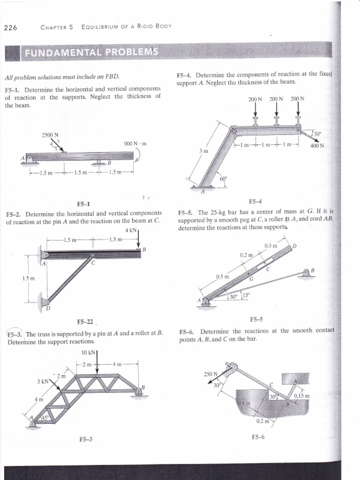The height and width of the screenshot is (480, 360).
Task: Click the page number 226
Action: (x=10, y=27)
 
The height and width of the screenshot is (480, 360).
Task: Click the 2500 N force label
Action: (x=50, y=135)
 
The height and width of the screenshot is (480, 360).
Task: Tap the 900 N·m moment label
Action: (x=136, y=143)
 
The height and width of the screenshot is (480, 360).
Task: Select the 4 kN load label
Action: (x=131, y=231)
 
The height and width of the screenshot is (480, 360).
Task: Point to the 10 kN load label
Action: (x=88, y=352)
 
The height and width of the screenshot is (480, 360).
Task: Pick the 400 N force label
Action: (x=317, y=145)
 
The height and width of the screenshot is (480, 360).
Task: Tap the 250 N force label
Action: (x=211, y=374)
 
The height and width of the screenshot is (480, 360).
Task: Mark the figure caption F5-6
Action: (x=258, y=437)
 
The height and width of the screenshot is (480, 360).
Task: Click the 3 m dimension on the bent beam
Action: (x=202, y=151)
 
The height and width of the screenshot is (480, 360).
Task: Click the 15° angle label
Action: (x=247, y=295)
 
